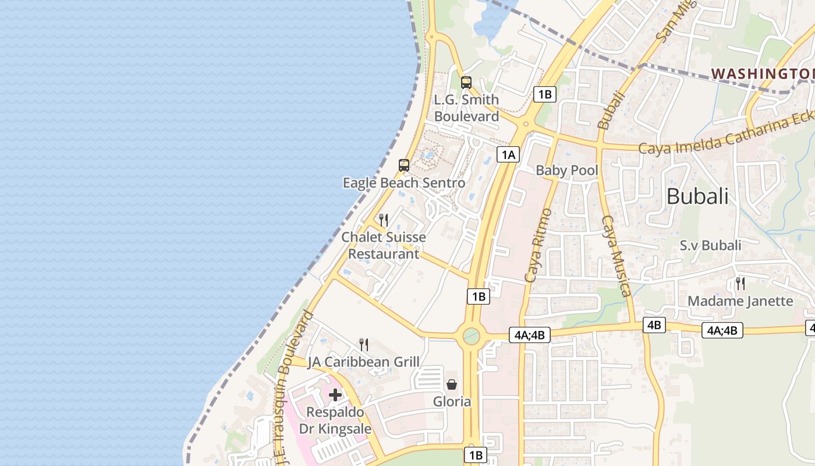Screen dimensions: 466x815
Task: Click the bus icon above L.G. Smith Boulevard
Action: click(x=466, y=82)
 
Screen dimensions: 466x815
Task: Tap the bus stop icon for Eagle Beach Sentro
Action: click(x=404, y=165)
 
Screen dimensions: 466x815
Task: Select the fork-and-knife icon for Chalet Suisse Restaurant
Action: click(x=384, y=220)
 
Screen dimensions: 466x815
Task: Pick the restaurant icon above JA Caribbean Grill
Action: click(x=364, y=345)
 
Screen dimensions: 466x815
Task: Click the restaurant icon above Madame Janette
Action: click(x=740, y=284)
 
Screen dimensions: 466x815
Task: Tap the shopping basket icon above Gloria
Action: click(x=452, y=384)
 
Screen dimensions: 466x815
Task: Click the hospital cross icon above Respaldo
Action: click(x=335, y=395)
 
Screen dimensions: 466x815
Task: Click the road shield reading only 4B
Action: click(x=654, y=324)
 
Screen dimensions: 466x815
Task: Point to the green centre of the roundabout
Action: click(x=471, y=336)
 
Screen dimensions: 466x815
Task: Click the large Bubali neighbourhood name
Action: click(x=697, y=196)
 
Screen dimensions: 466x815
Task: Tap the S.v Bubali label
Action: click(x=710, y=245)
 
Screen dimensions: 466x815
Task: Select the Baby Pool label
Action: click(x=566, y=171)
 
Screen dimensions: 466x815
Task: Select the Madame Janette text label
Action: click(x=740, y=301)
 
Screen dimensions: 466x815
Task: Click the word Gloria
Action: click(x=452, y=401)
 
